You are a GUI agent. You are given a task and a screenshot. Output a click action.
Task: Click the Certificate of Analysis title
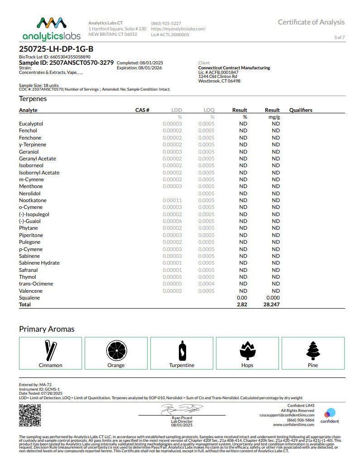(x=311, y=22)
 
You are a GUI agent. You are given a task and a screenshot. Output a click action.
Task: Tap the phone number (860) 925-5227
(x=166, y=23)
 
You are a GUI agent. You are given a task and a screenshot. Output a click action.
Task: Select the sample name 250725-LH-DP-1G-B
(x=57, y=49)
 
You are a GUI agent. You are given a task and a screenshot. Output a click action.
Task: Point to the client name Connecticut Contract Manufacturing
(x=234, y=68)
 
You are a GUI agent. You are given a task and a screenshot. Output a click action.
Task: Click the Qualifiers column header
(x=301, y=110)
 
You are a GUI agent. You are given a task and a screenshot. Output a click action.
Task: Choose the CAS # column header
(x=142, y=110)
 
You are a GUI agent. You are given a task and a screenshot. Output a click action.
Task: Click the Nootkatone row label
(x=33, y=200)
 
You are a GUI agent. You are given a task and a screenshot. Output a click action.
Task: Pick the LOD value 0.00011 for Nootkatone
(x=172, y=200)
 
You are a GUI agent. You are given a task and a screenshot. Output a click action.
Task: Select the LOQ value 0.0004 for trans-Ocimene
(x=206, y=284)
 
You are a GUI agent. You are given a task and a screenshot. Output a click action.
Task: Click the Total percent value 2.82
(x=242, y=305)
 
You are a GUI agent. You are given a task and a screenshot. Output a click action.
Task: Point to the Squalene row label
(x=29, y=298)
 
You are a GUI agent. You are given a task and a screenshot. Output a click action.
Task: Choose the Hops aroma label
(x=247, y=365)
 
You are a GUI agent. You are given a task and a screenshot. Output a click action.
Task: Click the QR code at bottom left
(x=30, y=416)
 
